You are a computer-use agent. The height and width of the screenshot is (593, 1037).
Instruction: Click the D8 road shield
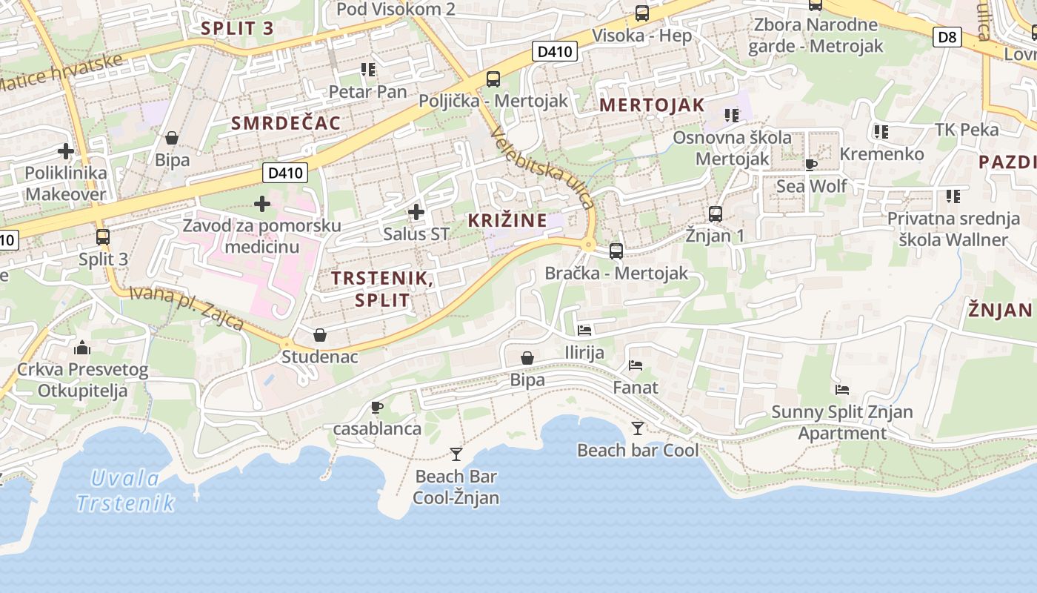(x=947, y=36)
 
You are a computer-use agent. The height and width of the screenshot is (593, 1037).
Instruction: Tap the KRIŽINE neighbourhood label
(x=507, y=220)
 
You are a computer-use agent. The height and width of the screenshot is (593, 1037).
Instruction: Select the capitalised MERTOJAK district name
(x=652, y=105)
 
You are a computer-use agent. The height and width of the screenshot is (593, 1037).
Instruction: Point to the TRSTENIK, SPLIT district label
(x=381, y=288)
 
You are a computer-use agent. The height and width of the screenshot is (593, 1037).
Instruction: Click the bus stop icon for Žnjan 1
(x=716, y=214)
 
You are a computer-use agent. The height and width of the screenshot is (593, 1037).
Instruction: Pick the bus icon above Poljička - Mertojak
(x=493, y=79)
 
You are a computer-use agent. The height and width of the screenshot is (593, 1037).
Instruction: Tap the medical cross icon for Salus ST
(x=416, y=213)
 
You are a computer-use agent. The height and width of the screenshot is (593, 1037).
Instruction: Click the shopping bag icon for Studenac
(x=320, y=335)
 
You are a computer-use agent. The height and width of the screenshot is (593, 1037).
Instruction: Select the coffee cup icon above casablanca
(x=376, y=407)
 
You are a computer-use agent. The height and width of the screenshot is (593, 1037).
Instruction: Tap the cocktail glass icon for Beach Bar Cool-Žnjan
(x=456, y=454)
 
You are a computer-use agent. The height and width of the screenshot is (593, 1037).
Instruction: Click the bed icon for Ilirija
(x=584, y=331)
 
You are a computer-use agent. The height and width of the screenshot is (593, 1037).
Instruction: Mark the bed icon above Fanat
(x=635, y=365)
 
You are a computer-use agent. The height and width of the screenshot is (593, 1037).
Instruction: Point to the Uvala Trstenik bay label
(x=125, y=491)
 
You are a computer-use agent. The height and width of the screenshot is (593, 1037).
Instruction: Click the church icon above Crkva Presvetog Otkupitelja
(x=82, y=347)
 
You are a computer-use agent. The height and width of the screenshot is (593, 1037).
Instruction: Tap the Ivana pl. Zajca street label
(x=187, y=307)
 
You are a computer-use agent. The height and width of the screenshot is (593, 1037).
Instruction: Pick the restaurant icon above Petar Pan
(x=368, y=70)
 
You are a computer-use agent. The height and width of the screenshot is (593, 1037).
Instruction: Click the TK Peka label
(x=967, y=130)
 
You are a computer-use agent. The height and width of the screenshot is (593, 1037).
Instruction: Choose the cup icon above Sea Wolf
(x=811, y=165)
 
